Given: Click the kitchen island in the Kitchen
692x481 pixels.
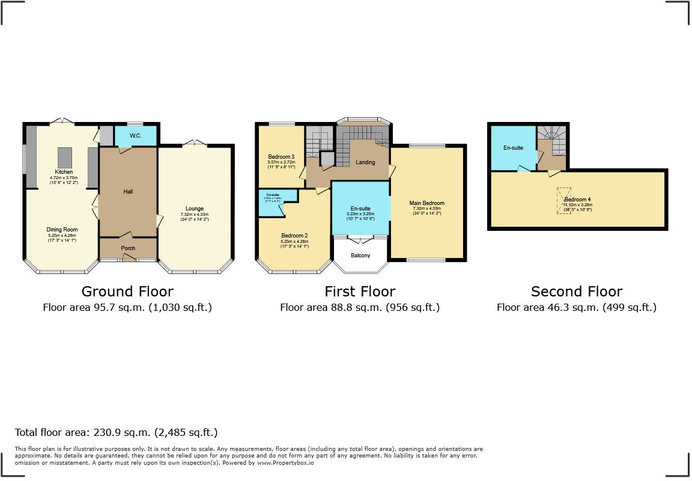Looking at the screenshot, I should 64,158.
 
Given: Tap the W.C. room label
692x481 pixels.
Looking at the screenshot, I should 135,136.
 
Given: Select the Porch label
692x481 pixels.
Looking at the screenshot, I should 128,248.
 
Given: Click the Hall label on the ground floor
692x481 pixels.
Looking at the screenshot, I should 128,192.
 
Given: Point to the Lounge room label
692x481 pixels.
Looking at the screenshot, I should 195,208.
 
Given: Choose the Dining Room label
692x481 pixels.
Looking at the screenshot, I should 62,229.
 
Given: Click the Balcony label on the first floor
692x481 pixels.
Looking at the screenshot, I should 360,256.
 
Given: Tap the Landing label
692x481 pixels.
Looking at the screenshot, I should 365,162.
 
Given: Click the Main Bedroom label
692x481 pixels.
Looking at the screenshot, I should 427,203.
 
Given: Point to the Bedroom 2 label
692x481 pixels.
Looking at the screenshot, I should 294,235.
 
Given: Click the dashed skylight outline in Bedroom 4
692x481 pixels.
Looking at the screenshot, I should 564,201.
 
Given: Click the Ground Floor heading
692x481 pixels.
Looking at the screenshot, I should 127,292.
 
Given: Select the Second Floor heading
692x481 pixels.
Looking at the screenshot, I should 577,292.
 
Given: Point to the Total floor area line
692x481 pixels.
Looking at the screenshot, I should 116,432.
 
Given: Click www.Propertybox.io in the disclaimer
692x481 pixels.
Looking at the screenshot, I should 285,463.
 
